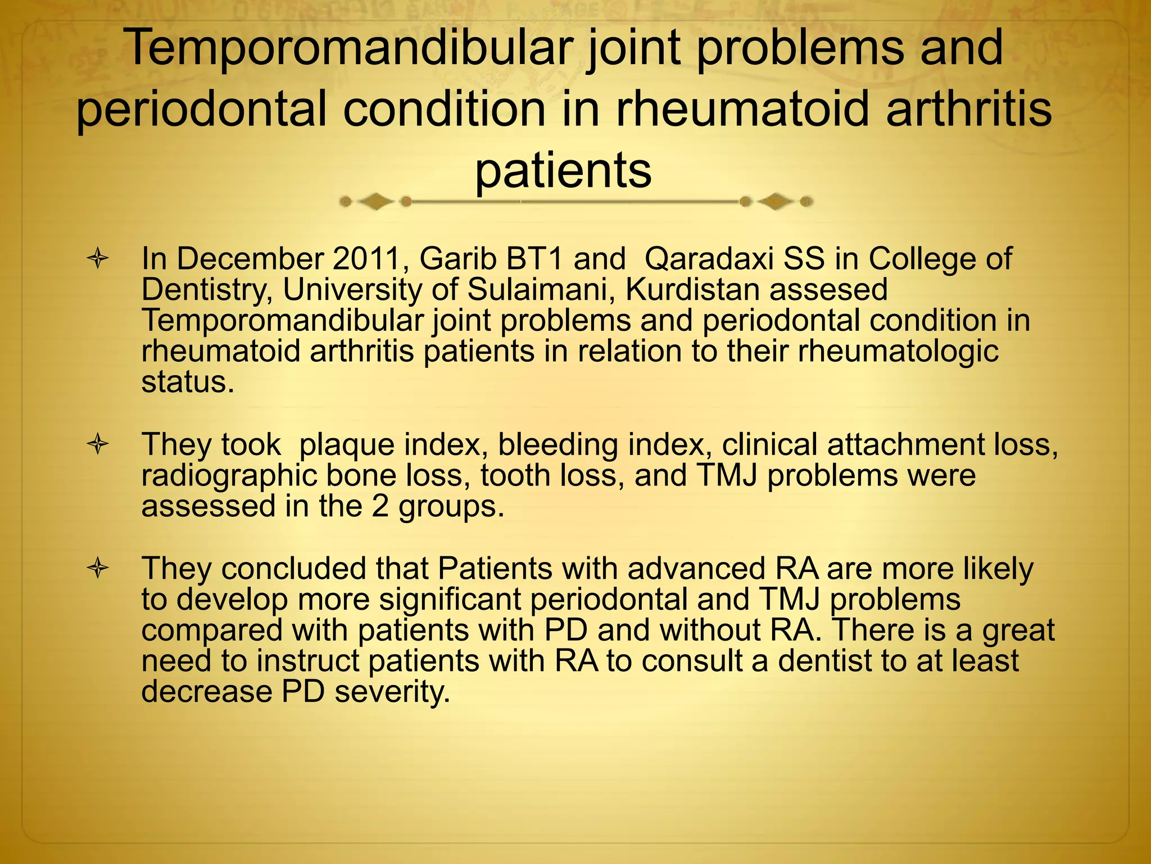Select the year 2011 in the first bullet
click(369, 259)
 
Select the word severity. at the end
click(392, 692)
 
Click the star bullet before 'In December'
click(98, 260)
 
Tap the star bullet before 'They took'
click(98, 445)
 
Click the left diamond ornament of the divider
click(375, 201)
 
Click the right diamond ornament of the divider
click(776, 201)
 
